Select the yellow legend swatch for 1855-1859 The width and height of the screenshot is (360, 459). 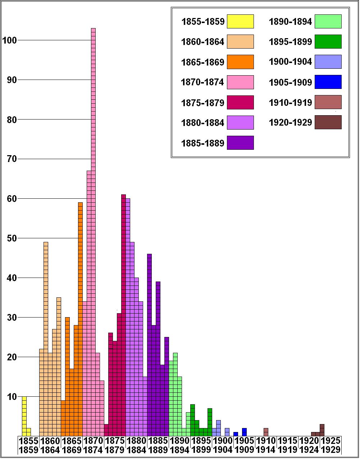coord(240,21)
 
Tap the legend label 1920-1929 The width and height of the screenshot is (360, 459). coord(290,123)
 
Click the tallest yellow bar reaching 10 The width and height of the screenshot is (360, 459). coord(24,416)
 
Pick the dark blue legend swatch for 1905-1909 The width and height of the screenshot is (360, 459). coord(328,82)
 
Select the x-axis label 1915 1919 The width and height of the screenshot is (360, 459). coord(288,445)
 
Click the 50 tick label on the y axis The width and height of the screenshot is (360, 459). coord(12,238)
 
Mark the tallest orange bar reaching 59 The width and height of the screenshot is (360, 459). coord(80,319)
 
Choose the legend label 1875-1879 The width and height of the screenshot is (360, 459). coord(203,103)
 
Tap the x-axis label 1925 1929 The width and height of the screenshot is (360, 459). coord(331,445)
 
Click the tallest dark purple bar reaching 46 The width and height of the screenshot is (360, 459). coord(149,345)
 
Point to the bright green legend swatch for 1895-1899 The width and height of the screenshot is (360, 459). coord(328,42)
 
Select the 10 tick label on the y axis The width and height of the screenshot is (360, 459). coord(12,397)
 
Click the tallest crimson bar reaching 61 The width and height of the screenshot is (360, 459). coord(123,315)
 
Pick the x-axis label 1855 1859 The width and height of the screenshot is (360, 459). coord(28,445)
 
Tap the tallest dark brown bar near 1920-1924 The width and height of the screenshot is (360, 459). coord(322,430)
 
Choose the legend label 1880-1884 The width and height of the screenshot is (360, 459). coord(203,123)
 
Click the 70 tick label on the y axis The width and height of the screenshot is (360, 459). coord(12,159)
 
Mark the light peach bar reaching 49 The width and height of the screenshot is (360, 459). coord(46,338)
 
